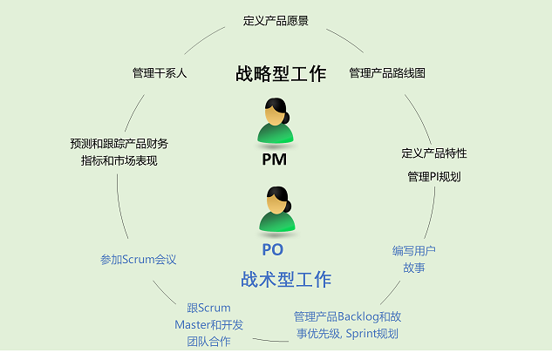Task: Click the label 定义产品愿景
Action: (276, 20)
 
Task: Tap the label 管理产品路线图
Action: (387, 72)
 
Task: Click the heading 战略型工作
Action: (281, 73)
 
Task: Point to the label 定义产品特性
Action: (434, 153)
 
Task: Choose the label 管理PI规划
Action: (434, 176)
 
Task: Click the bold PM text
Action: (274, 160)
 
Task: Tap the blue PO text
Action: (273, 249)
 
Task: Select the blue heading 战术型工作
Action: (286, 280)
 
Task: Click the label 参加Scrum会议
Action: (139, 259)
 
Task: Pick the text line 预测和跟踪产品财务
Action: (119, 143)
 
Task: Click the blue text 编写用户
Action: (414, 250)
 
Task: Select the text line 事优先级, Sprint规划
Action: (348, 333)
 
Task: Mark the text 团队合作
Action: (209, 341)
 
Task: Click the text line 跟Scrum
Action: (209, 308)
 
